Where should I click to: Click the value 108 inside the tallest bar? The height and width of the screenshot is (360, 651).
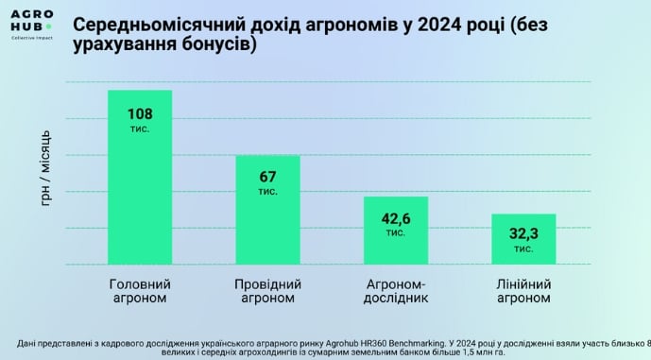coord(140,113)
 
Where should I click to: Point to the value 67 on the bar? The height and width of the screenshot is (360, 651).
coord(267,177)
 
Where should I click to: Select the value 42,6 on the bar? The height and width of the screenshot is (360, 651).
coord(396,218)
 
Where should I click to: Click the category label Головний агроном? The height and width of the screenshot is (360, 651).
coord(140,291)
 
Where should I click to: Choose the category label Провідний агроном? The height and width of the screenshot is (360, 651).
coord(267,291)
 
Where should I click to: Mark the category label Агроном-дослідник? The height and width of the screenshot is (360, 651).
coord(396,291)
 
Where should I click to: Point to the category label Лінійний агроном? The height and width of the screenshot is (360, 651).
coord(523,291)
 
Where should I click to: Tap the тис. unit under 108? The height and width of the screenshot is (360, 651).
coord(140,128)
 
